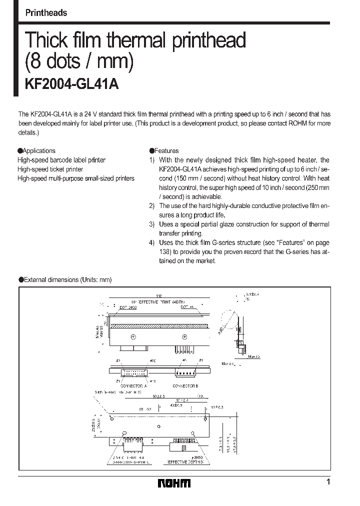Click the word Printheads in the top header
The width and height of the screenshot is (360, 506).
(46, 13)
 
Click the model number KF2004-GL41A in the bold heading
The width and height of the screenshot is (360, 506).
(71, 84)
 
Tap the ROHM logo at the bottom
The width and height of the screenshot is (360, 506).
(174, 483)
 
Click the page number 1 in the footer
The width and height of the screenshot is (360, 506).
(328, 482)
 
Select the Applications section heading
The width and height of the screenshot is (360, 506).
(36, 150)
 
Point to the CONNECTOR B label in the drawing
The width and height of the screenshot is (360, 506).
(185, 386)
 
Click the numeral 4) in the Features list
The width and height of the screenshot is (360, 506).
(152, 242)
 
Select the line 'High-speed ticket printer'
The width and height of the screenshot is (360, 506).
(50, 169)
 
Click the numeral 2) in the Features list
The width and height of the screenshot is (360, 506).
(152, 205)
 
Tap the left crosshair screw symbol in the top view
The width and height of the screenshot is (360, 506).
(133, 336)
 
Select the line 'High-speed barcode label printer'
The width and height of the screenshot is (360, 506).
(61, 160)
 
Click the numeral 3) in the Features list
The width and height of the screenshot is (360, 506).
(152, 224)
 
